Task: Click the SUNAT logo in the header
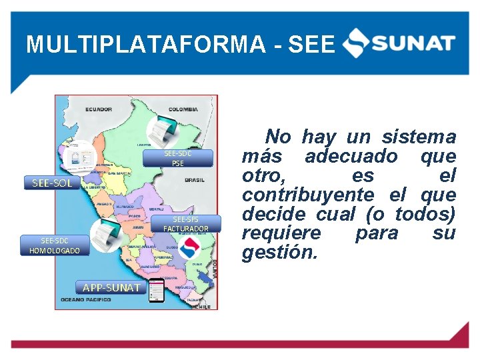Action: click(x=399, y=44)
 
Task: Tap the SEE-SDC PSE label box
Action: click(x=177, y=158)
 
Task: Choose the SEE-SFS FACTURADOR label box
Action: click(x=185, y=224)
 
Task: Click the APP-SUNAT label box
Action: click(x=111, y=287)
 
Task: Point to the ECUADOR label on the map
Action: click(x=98, y=109)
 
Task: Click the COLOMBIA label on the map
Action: click(x=183, y=109)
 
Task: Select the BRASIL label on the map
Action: click(x=195, y=179)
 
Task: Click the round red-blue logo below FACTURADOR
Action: click(x=191, y=248)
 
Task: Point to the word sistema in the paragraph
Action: click(x=419, y=137)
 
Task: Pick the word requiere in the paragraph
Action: click(x=281, y=233)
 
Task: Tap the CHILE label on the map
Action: click(x=205, y=307)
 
